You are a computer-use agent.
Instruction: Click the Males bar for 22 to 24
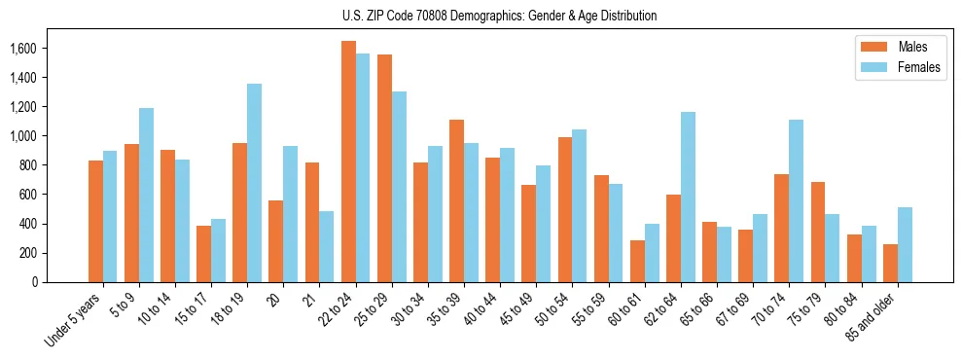tap(348, 162)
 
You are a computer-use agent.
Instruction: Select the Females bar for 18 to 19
tap(254, 183)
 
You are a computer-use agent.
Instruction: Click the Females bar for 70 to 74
tap(796, 200)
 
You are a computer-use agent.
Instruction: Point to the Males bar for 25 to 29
tap(384, 168)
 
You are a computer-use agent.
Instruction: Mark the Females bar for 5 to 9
tap(146, 195)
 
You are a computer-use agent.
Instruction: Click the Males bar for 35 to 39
tap(456, 200)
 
